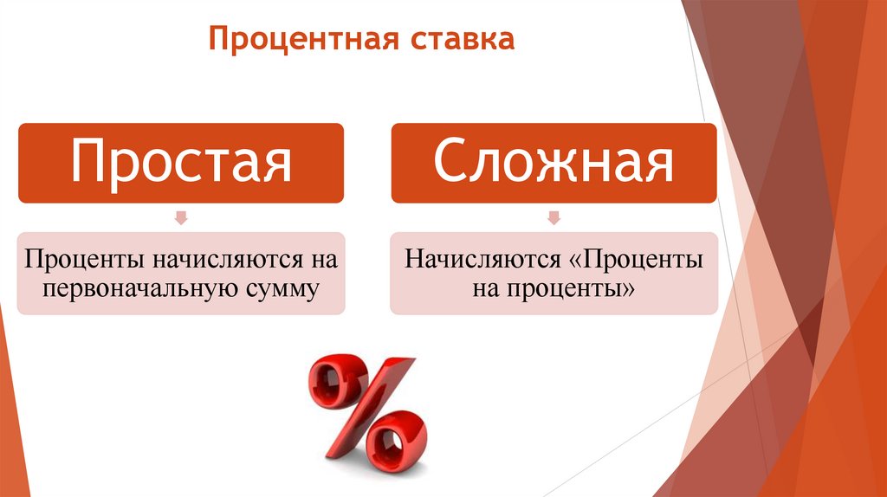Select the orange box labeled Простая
coord(181,162)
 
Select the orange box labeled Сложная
coord(554,162)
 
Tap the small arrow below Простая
coord(181,217)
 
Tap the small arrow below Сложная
coord(554,217)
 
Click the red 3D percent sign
coord(367,409)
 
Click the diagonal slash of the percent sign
coord(367,407)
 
